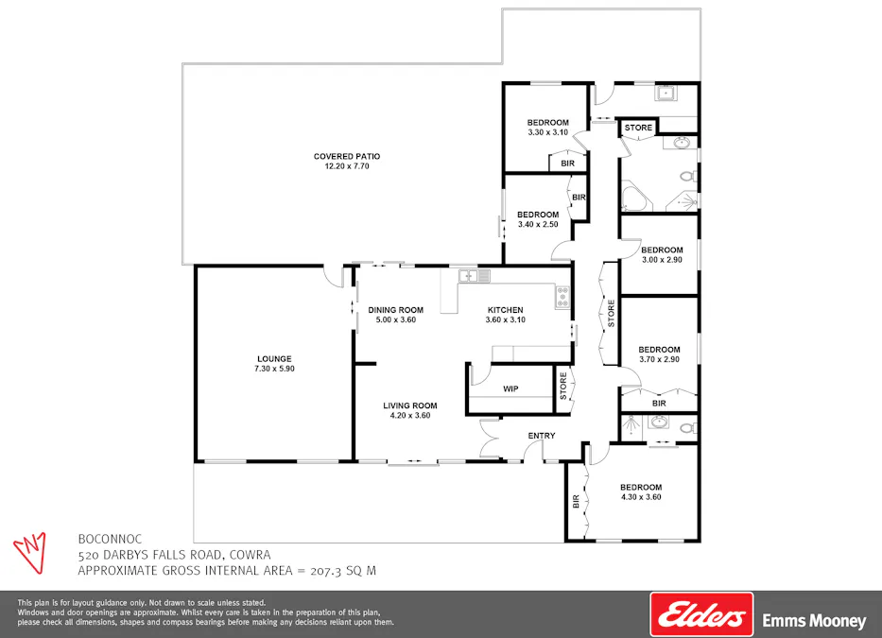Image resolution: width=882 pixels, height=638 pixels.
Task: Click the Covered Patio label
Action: (x=347, y=157)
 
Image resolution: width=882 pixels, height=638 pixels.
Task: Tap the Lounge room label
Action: (x=274, y=358)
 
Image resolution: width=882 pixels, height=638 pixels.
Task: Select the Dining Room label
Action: (x=395, y=310)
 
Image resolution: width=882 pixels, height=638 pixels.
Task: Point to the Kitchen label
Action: (x=505, y=310)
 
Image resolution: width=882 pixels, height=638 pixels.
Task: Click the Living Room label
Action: (x=408, y=405)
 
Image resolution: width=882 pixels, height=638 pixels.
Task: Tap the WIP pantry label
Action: (x=510, y=388)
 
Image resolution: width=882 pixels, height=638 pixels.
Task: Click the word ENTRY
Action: (x=542, y=436)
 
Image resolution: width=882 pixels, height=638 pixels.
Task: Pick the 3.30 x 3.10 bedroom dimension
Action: (x=547, y=133)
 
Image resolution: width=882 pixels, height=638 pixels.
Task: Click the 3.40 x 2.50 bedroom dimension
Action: (x=538, y=225)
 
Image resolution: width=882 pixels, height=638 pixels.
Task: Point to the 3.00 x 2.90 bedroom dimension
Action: (x=662, y=260)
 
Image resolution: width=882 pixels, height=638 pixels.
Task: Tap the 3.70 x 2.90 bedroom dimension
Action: (x=659, y=359)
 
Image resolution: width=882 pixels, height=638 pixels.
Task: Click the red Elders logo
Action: (x=700, y=615)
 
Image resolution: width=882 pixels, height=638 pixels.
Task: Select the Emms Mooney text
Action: (x=813, y=621)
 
